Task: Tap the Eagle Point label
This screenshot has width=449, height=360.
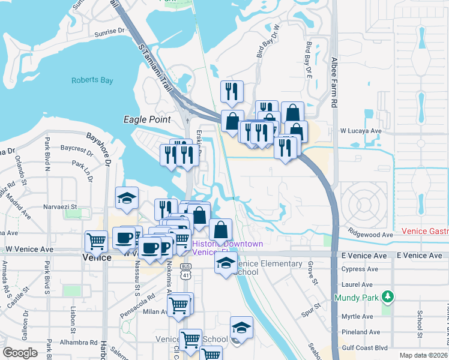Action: click(x=147, y=119)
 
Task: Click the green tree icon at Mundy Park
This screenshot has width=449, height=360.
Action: click(x=388, y=296)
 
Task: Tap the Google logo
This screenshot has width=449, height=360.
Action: click(x=20, y=353)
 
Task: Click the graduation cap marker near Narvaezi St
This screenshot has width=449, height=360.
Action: click(x=127, y=199)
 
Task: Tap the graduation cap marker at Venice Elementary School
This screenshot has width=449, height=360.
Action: click(x=226, y=263)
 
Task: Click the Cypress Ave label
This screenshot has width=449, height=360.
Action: click(x=357, y=269)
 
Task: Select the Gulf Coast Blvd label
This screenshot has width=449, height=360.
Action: click(x=366, y=347)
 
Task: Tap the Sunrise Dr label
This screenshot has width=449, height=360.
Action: click(x=109, y=31)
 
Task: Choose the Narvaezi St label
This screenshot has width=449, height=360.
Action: click(x=61, y=207)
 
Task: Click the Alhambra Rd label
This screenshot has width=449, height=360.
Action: click(x=79, y=343)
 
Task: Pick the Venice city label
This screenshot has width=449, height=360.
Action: click(x=96, y=257)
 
